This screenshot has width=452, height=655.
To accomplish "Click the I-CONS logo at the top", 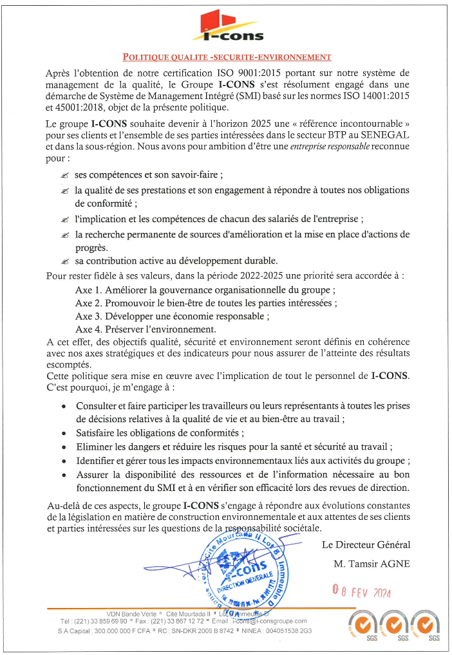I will [x=227, y=27].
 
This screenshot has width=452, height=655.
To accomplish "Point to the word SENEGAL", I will [x=384, y=135].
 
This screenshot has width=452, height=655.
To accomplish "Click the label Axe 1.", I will [x=88, y=289].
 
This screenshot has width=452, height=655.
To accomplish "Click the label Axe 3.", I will [x=88, y=316].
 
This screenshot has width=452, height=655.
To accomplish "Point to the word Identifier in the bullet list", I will [x=98, y=461].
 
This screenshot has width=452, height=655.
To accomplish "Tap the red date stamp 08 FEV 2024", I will [x=362, y=589].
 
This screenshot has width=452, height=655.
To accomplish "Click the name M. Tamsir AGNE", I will [x=372, y=564].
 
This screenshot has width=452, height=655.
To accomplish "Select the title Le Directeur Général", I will [x=366, y=545].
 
